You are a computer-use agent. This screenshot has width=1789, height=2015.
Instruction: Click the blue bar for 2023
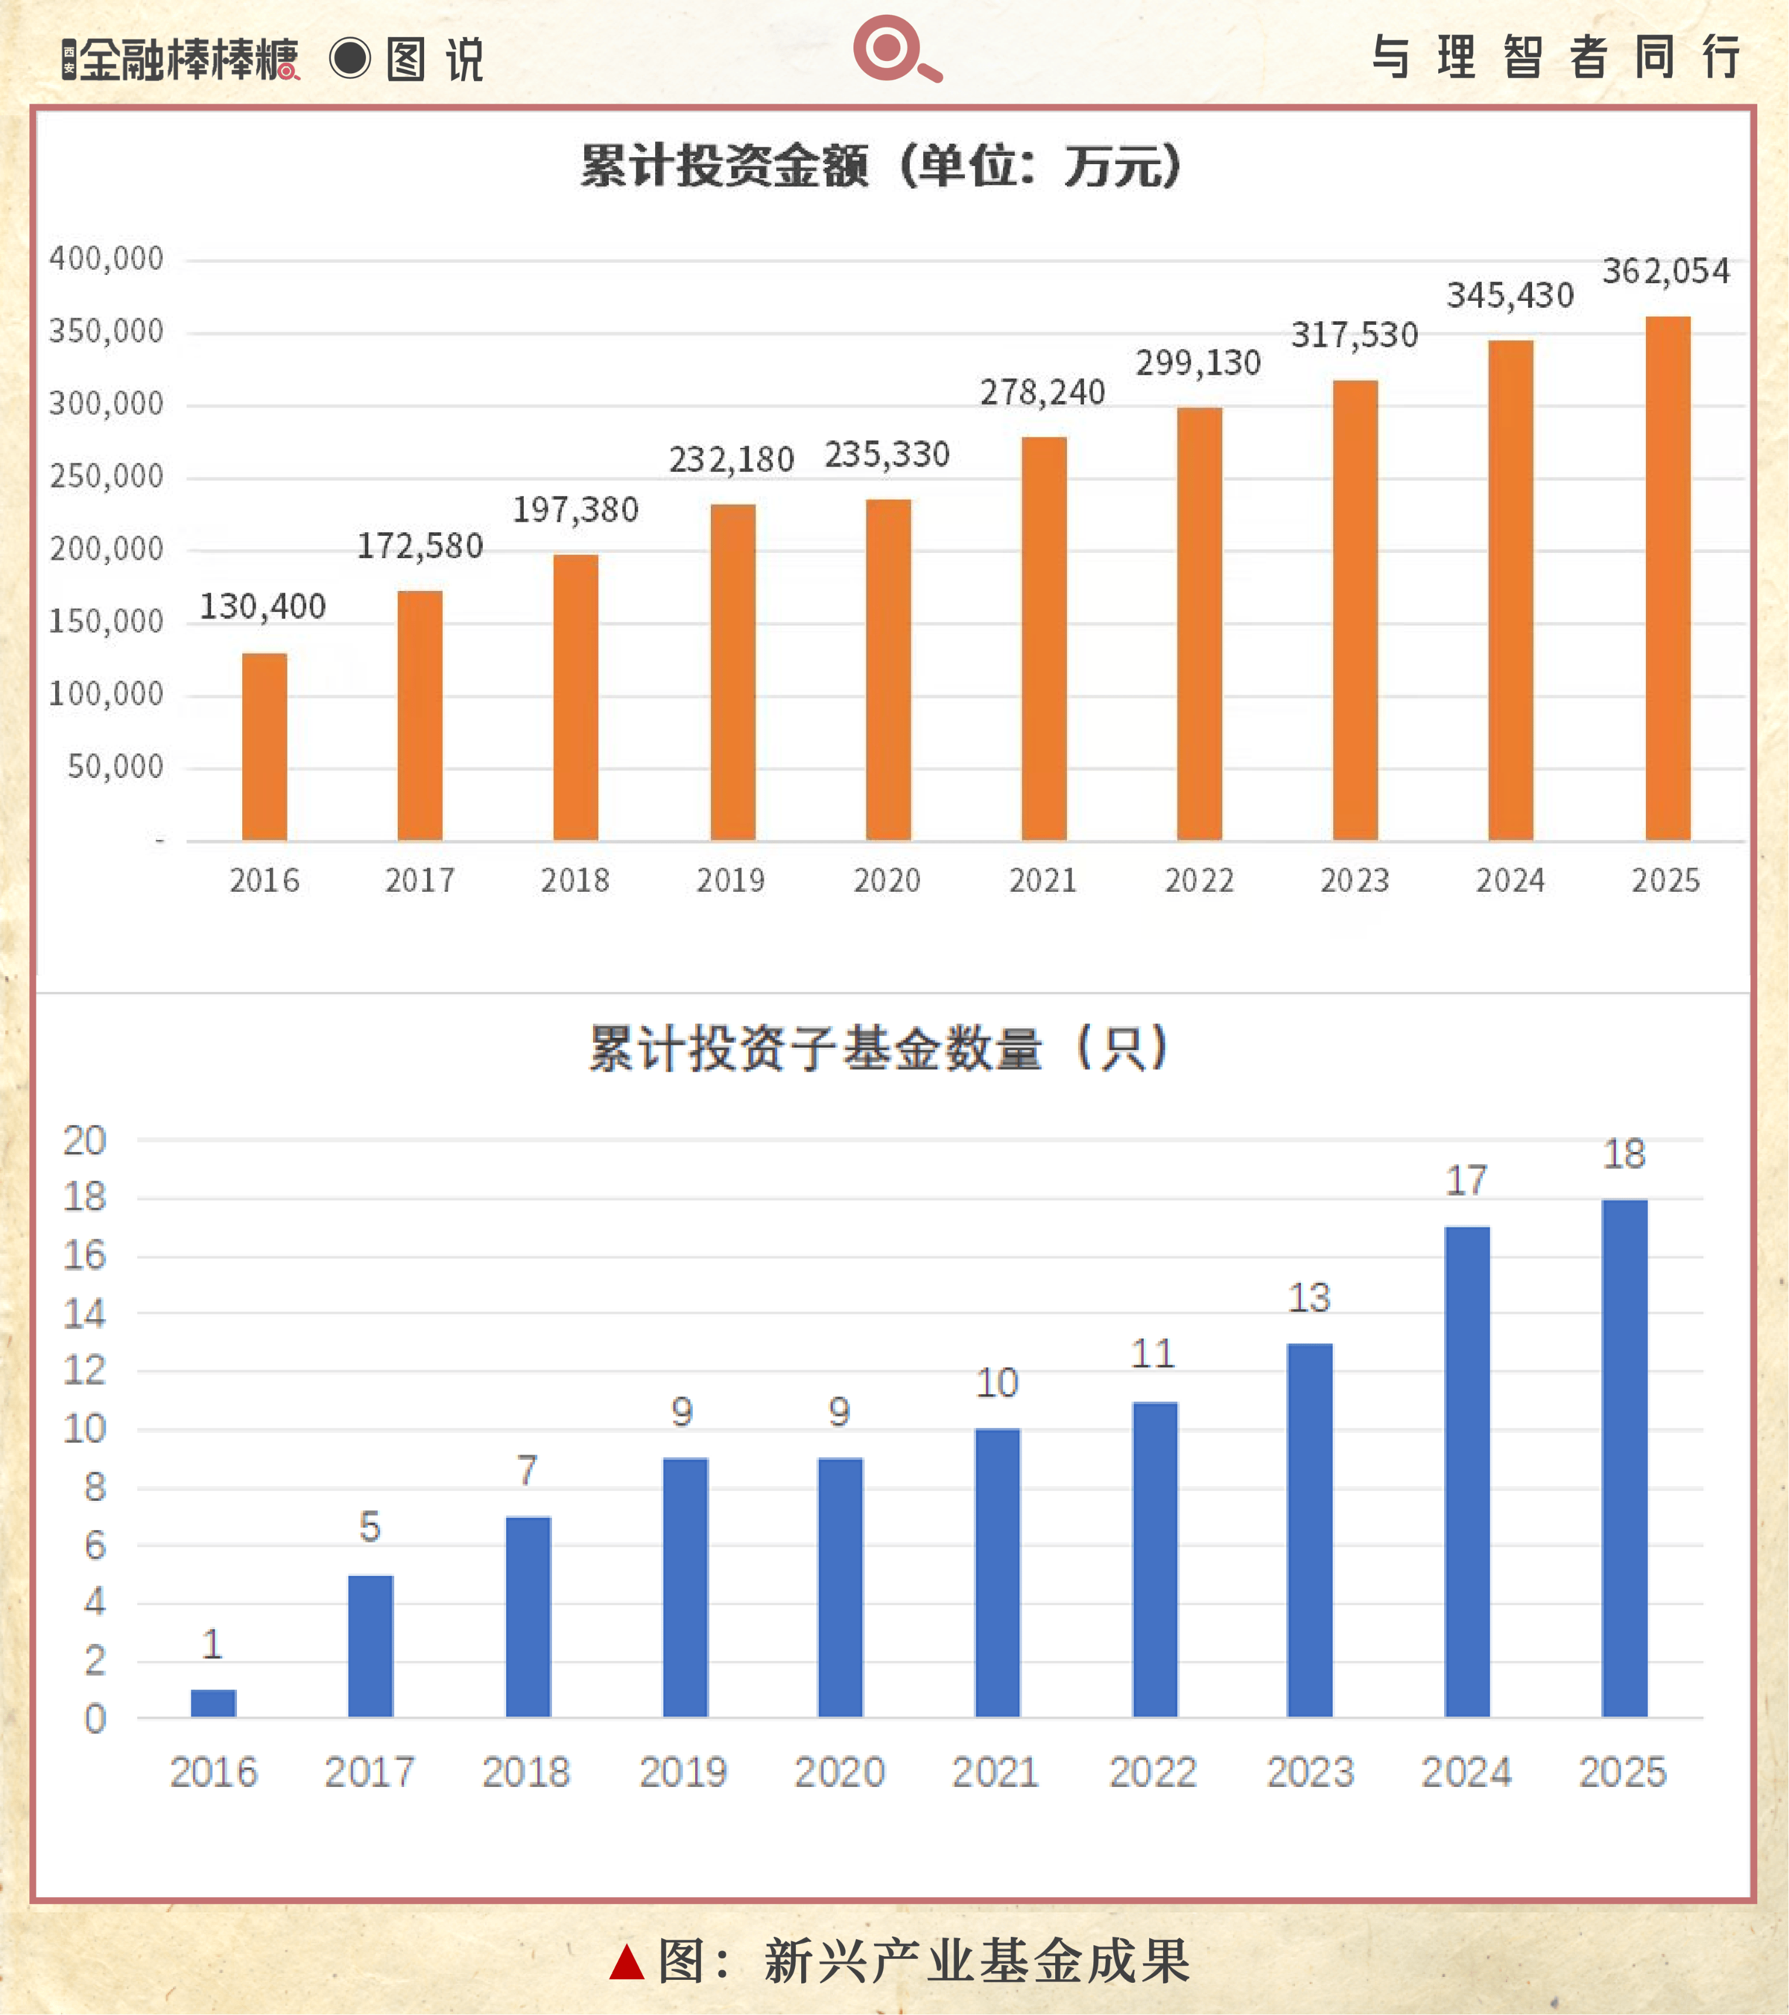pyautogui.click(x=1310, y=1530)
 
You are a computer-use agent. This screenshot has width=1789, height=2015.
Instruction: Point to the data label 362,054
pyautogui.click(x=1666, y=271)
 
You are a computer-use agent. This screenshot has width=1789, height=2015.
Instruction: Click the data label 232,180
pyautogui.click(x=732, y=460)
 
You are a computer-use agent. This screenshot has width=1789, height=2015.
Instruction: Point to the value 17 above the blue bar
pyautogui.click(x=1466, y=1181)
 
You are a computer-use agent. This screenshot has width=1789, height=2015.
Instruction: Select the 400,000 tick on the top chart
pyautogui.click(x=107, y=259)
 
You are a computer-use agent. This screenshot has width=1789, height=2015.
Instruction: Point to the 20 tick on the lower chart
pyautogui.click(x=85, y=1141)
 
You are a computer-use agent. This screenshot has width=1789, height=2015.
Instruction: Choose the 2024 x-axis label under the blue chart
pyautogui.click(x=1466, y=1772)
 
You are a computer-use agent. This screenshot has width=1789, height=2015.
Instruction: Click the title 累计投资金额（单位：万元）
pyautogui.click(x=880, y=165)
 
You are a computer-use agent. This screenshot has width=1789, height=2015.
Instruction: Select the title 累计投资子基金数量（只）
pyautogui.click(x=880, y=1048)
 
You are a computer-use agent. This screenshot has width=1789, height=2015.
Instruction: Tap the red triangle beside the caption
pyautogui.click(x=626, y=1963)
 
